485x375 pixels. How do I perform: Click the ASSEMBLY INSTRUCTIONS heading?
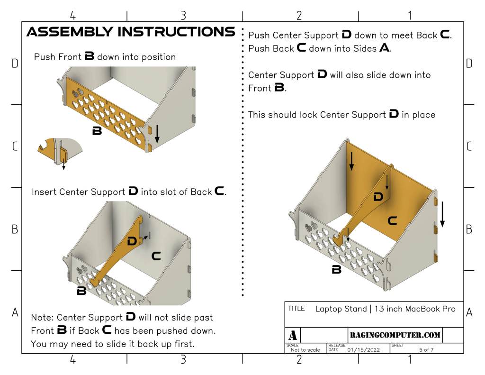click(131, 32)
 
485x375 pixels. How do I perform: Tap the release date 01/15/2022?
click(364, 350)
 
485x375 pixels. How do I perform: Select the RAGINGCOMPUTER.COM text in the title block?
click(395, 335)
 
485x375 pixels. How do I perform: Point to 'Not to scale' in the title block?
click(305, 350)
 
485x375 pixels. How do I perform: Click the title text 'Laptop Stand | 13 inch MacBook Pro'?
click(386, 309)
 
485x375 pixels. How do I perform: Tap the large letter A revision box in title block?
click(293, 335)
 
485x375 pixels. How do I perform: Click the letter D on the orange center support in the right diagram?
click(378, 197)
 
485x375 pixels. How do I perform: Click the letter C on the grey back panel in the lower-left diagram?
click(156, 256)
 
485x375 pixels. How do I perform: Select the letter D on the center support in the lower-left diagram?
click(132, 241)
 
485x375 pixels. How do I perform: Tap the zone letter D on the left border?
click(15, 63)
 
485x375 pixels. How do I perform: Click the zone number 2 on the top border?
click(299, 16)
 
